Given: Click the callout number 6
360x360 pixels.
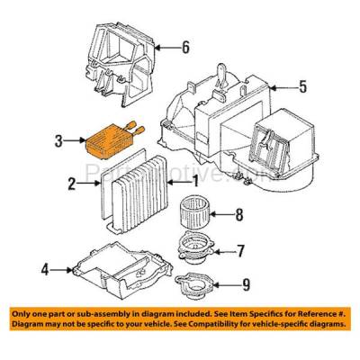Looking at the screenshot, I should (185, 47).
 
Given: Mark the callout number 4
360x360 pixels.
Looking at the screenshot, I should (45, 267).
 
